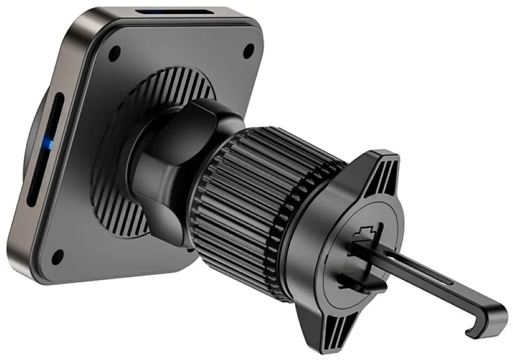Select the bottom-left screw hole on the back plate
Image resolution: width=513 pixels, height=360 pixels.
tap(57, 256)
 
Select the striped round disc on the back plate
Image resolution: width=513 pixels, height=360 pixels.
tap(117, 193)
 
